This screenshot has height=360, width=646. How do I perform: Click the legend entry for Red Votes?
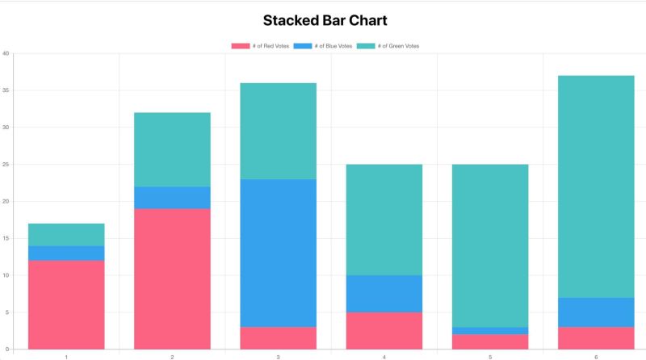tap(260, 46)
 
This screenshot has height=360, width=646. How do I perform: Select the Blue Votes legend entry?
tap(323, 46)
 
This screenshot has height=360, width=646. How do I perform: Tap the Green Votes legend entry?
tap(388, 46)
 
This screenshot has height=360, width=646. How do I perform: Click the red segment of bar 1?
tap(66, 304)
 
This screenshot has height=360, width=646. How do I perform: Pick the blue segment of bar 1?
tap(66, 253)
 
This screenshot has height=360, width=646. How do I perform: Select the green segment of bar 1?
tap(66, 234)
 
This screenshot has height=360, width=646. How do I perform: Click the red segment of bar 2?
tap(172, 278)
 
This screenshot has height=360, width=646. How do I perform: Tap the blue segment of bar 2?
tap(172, 198)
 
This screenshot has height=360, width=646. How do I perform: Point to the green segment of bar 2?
tap(172, 149)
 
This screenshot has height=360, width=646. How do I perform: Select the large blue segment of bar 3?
tap(278, 253)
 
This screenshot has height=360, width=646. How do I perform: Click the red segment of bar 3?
tap(278, 337)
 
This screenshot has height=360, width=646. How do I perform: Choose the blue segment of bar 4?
tap(384, 293)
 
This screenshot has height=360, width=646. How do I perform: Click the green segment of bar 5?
tap(490, 245)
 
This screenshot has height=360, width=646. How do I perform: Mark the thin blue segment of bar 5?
tap(490, 330)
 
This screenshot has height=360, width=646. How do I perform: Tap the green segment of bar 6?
tap(596, 186)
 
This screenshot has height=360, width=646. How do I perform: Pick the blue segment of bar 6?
tap(596, 312)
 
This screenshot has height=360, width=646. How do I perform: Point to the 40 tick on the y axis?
tap(6, 54)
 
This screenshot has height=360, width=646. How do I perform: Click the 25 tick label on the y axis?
tap(6, 165)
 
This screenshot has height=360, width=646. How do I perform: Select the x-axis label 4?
tap(384, 356)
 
